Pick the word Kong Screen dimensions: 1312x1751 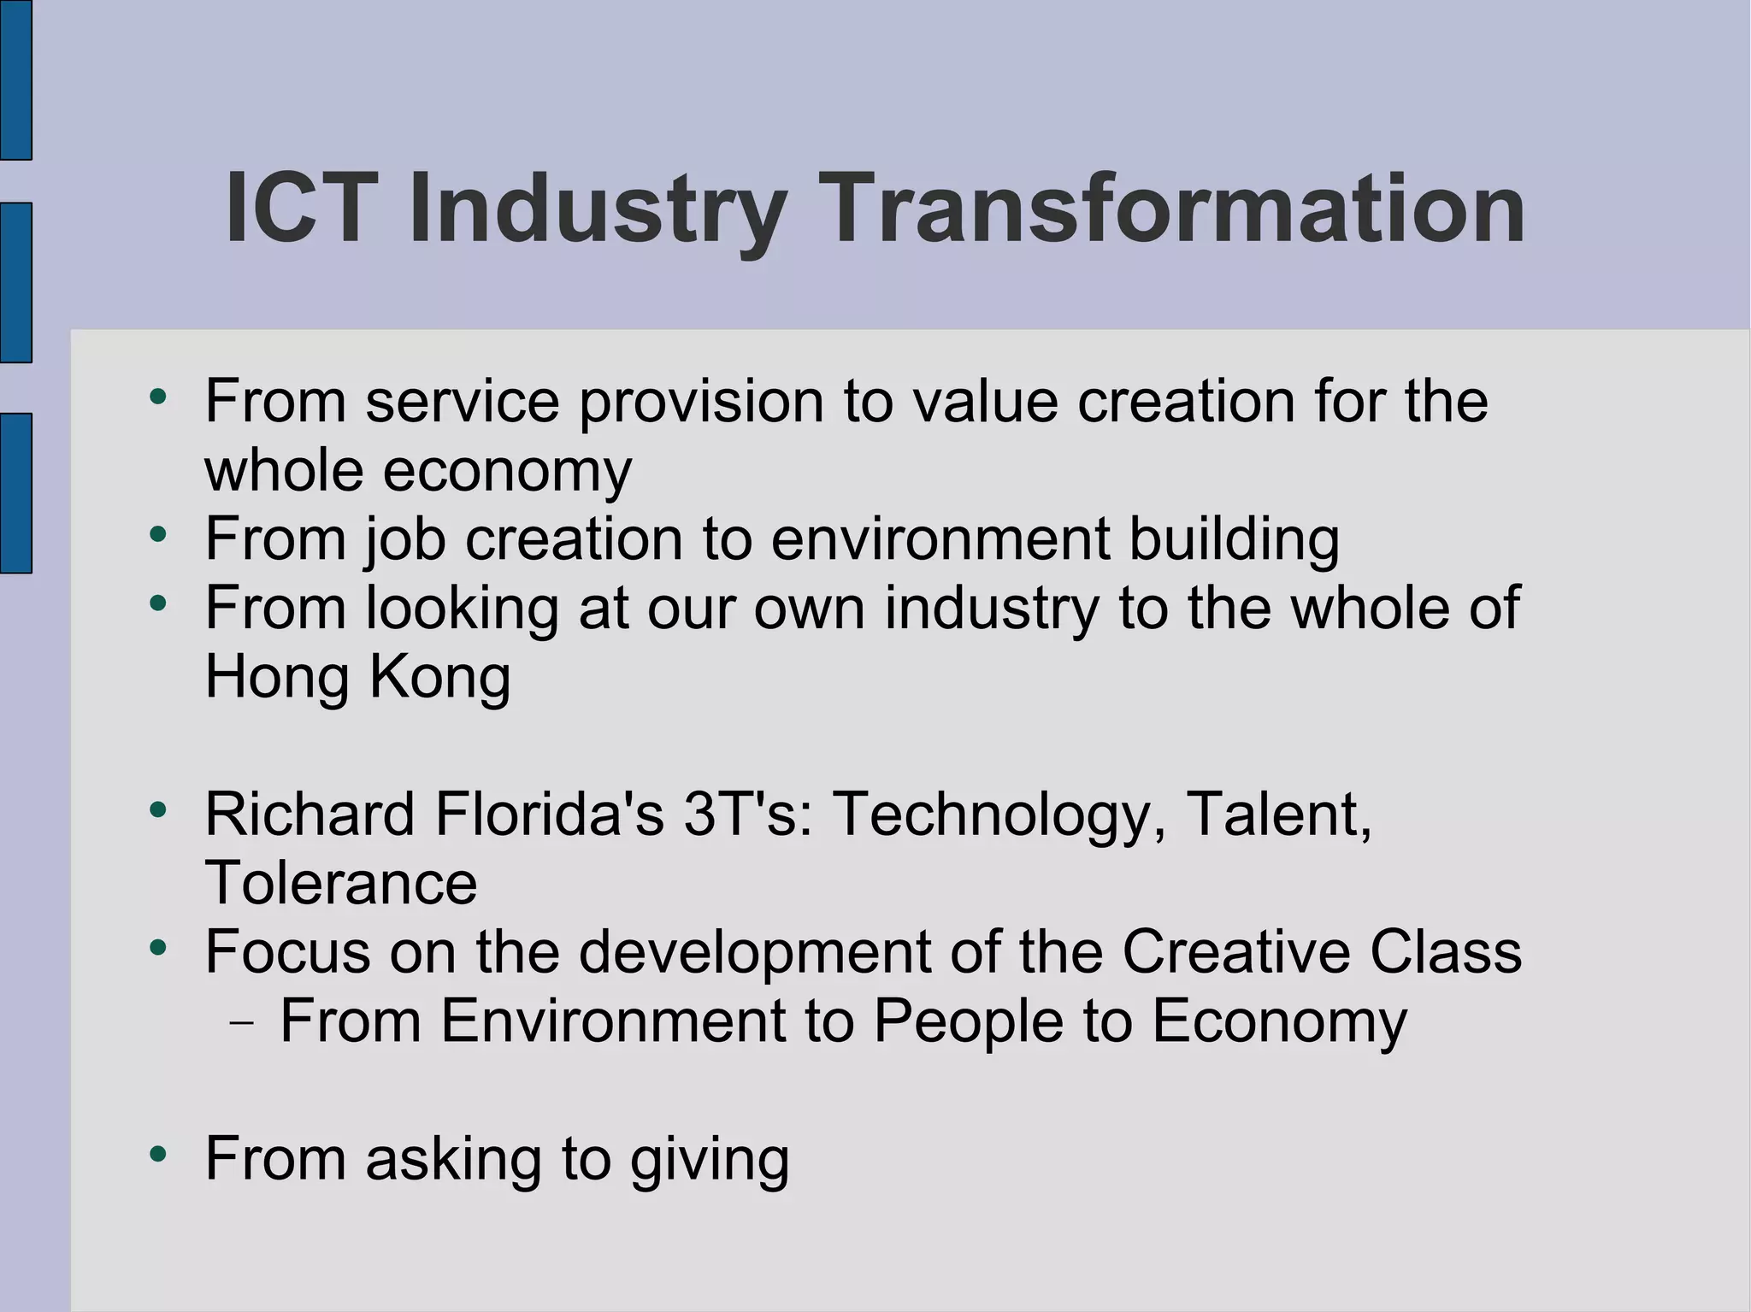[439, 679]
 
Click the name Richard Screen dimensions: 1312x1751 [310, 814]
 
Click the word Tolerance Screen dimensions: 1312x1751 [340, 883]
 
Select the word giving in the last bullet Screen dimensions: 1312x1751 [710, 1161]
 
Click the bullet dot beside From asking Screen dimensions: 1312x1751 [157, 1155]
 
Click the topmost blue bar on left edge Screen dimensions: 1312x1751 [15, 79]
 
